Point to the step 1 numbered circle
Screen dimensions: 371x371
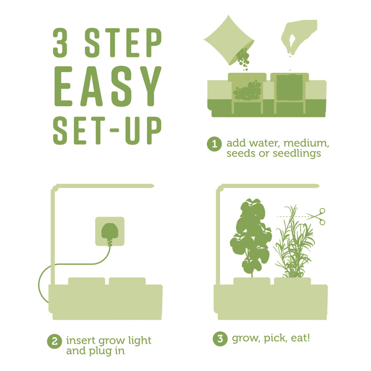pyautogui.click(x=214, y=144)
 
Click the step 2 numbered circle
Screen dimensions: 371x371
pyautogui.click(x=54, y=341)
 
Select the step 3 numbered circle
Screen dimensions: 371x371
pyautogui.click(x=220, y=339)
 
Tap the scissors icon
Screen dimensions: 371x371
pyautogui.click(x=316, y=216)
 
